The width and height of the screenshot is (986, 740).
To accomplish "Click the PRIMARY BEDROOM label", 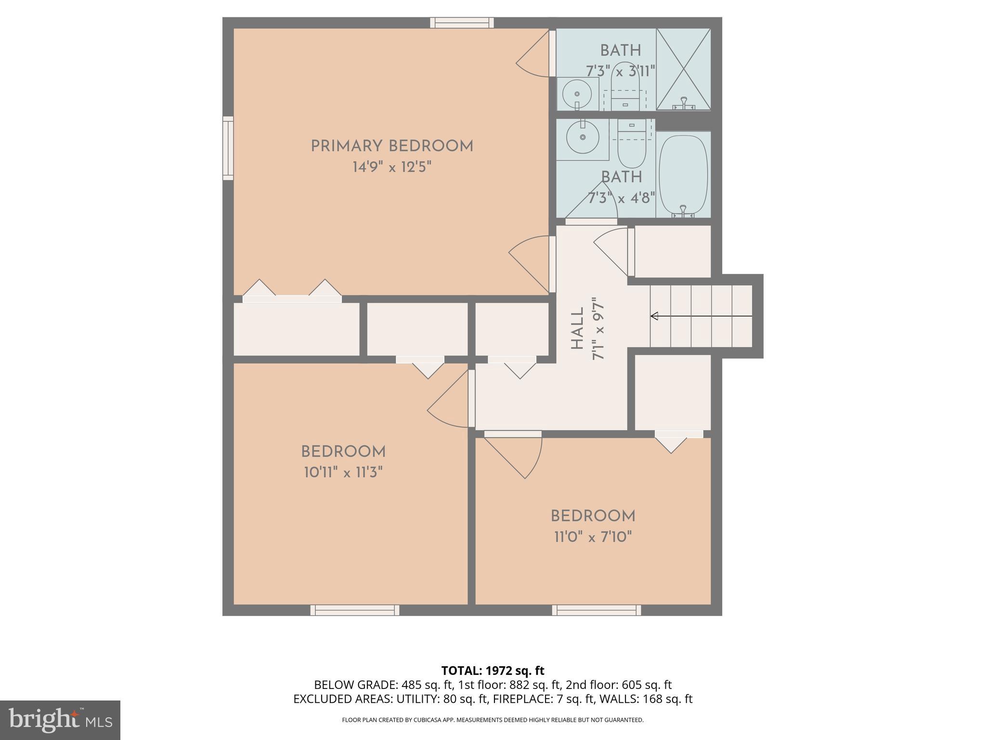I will pos(392,146).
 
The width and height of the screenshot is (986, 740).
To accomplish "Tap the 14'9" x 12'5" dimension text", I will pos(392,167).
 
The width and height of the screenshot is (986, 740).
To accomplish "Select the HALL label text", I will pos(577,329).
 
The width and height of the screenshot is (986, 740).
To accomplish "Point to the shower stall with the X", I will pos(683,69).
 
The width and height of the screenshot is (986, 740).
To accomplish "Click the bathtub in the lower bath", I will pos(683,174).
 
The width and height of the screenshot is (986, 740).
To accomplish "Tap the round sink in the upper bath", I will pos(577,94).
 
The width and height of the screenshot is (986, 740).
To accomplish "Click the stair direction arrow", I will pos(701,316).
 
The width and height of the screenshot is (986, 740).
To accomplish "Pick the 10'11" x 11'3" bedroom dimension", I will pos(343,472).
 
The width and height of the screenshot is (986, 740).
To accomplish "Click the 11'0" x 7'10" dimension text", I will pos(593,537).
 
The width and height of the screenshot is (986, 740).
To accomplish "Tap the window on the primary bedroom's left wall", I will pos(228,148).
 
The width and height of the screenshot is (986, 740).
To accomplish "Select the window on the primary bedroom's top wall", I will pos(462,23).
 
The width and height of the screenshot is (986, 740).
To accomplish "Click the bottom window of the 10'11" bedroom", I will pos(355,610).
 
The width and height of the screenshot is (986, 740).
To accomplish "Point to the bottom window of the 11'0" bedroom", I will pos(596,610).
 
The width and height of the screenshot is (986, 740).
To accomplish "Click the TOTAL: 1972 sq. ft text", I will pos(493,670).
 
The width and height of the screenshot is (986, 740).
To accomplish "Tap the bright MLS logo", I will pos(60,720).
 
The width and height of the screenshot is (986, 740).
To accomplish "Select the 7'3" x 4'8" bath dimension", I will pos(621,198).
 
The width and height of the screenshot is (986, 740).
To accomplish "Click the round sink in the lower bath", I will pos(583,137).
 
